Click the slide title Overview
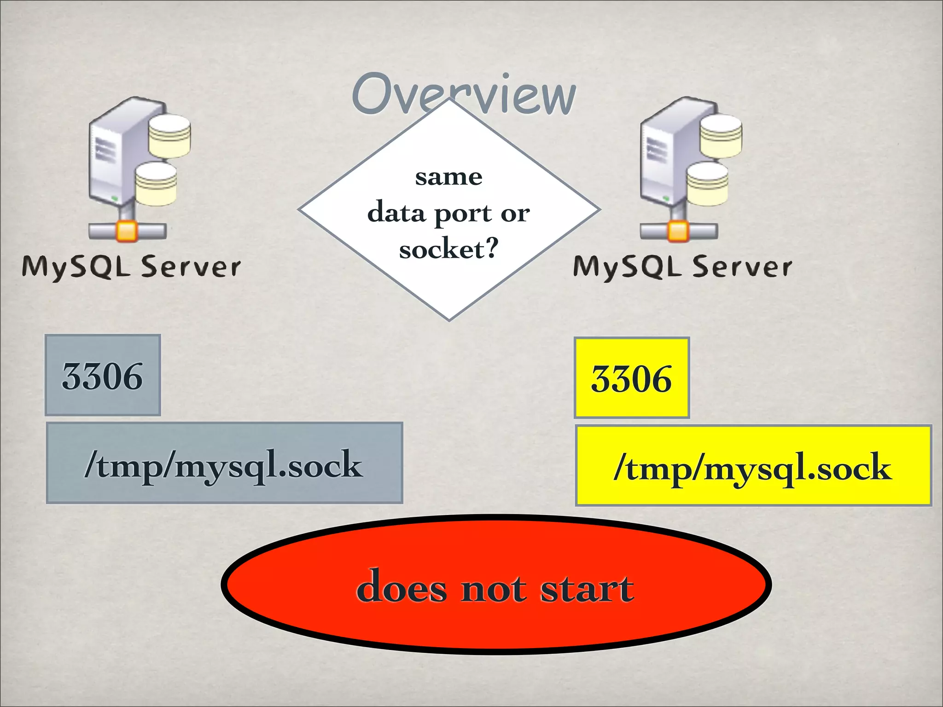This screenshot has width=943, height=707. pyautogui.click(x=463, y=94)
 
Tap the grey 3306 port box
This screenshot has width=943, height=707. pyautogui.click(x=103, y=375)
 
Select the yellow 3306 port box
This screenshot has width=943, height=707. pyautogui.click(x=631, y=378)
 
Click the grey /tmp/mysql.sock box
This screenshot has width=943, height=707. pyautogui.click(x=224, y=463)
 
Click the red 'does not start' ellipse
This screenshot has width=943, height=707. pyautogui.click(x=495, y=585)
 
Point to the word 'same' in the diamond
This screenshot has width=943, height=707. pyautogui.click(x=448, y=177)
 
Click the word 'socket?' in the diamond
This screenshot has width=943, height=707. pyautogui.click(x=448, y=249)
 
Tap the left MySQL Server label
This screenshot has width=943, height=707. pyautogui.click(x=131, y=267)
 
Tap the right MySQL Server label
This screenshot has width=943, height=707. pyautogui.click(x=682, y=267)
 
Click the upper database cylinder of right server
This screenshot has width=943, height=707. pyautogui.click(x=721, y=136)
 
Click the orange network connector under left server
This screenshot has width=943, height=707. pyautogui.click(x=127, y=231)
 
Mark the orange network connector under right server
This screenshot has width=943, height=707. pyautogui.click(x=678, y=231)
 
